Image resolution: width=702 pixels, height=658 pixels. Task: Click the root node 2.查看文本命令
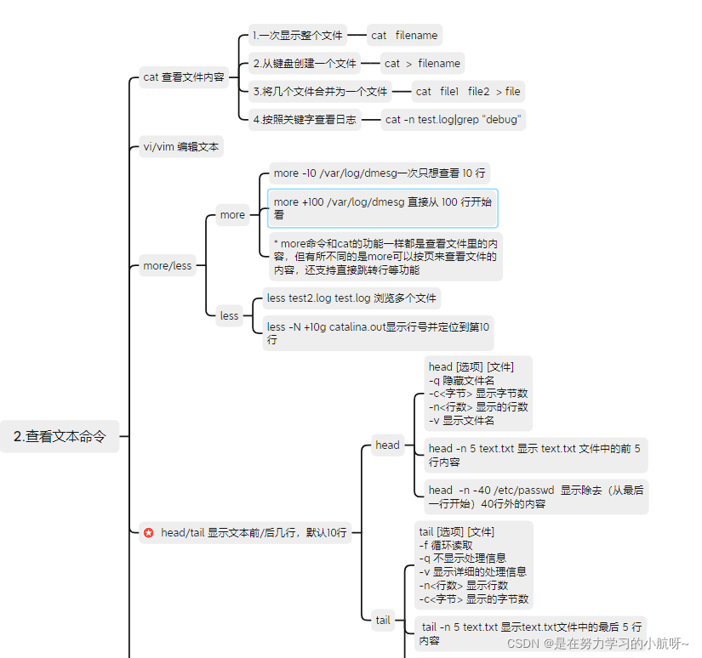point(60,436)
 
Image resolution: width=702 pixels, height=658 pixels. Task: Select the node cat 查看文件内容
point(184,77)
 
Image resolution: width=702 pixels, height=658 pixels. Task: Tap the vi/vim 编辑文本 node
point(180,146)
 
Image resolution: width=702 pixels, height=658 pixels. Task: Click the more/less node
point(168,265)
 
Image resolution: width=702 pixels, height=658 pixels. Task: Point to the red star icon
point(149,533)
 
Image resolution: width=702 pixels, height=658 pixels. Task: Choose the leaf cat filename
point(404,35)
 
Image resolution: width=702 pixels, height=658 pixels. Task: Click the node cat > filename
point(421,63)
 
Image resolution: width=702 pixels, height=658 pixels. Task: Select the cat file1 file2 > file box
point(467,91)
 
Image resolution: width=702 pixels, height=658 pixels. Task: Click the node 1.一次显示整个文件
point(297,35)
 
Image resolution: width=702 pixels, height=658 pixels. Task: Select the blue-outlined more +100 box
point(382,208)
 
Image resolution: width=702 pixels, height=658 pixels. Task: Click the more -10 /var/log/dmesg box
point(380,173)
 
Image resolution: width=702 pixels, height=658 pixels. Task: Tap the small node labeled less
point(230,315)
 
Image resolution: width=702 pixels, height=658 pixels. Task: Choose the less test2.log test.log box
point(351,298)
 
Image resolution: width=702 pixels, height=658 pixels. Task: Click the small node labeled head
point(387,445)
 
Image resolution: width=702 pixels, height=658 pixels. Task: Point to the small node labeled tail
point(383,620)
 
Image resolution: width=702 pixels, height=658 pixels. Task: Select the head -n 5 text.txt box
point(535,455)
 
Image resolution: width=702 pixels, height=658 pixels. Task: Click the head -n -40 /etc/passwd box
point(535,496)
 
